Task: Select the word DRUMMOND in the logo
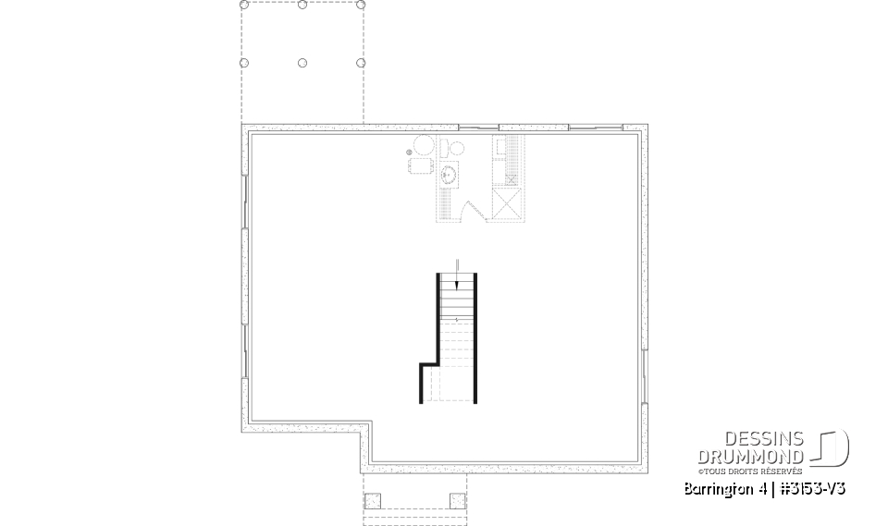pos(751,456)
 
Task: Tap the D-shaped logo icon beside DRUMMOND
pos(831,448)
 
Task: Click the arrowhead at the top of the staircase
pos(456,285)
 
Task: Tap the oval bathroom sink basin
pos(450,173)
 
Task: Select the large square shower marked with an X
pos(508,204)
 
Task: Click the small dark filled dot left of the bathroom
pos(409,153)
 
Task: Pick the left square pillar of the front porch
pos(373,501)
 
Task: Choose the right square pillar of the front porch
pos(457,501)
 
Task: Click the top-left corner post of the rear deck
pos(244,5)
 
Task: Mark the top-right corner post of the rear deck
pos(361,5)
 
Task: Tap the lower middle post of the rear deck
pos(302,63)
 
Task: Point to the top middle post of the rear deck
pos(302,5)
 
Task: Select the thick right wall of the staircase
pos(475,337)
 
